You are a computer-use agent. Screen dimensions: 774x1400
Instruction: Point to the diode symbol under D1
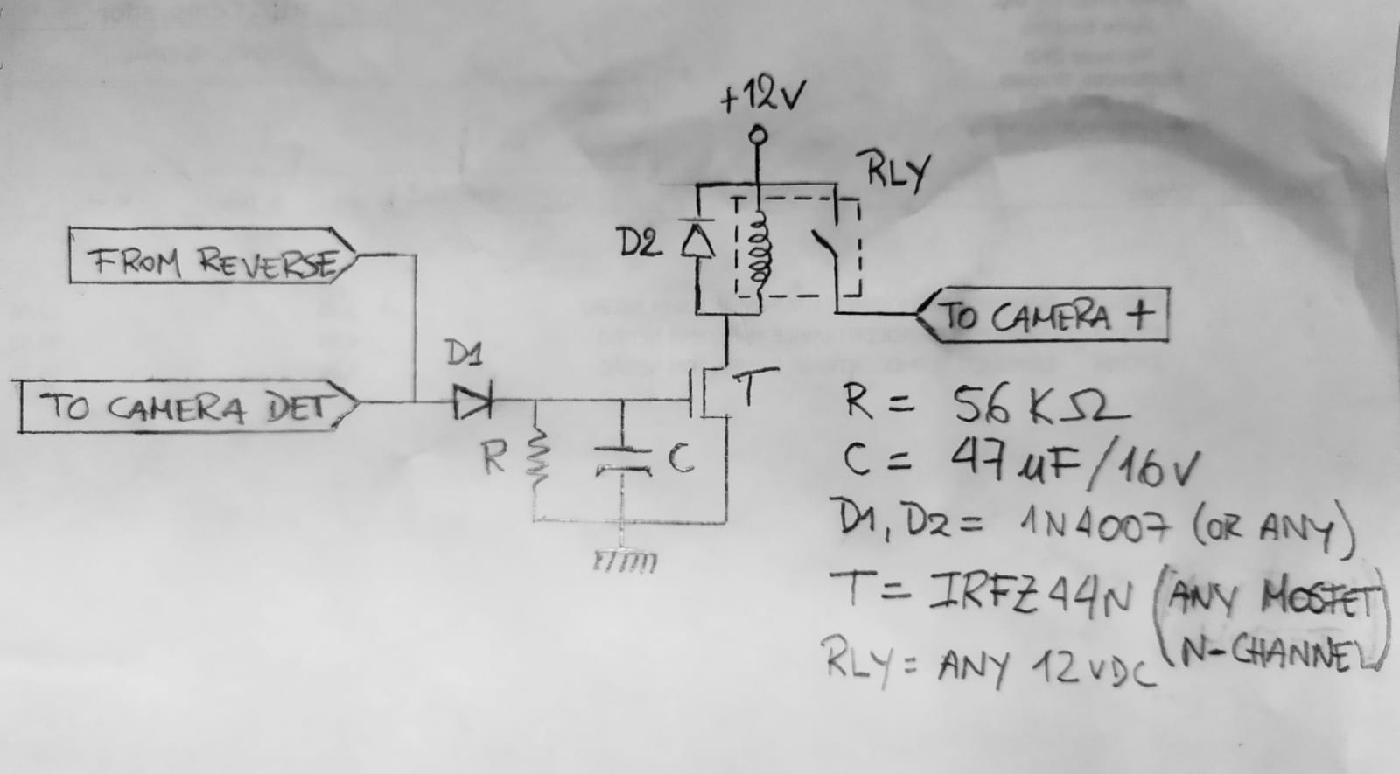point(472,402)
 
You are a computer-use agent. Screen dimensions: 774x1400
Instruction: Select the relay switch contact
point(826,250)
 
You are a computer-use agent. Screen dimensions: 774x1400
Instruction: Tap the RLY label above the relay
point(895,172)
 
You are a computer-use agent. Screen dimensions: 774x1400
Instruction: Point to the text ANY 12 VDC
point(1045,669)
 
